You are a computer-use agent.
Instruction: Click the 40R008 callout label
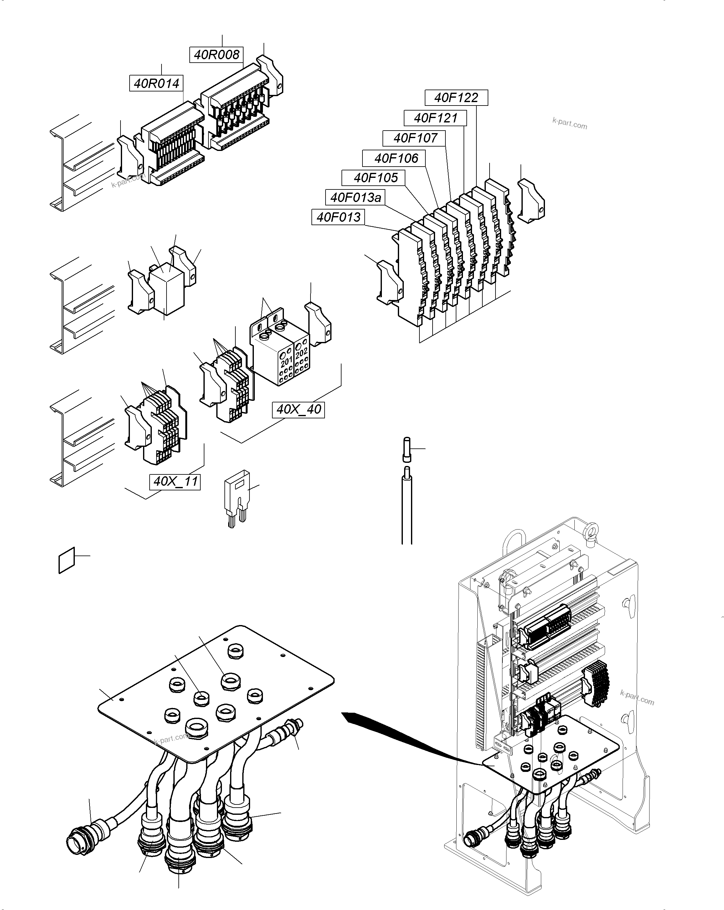point(216,54)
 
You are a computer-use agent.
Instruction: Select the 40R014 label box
point(157,84)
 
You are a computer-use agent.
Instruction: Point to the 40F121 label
point(435,118)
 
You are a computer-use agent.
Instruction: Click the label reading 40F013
point(338,217)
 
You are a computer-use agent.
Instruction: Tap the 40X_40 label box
point(298,409)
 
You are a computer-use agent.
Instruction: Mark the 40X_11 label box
point(175,482)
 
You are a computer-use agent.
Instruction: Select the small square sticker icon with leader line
point(67,561)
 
